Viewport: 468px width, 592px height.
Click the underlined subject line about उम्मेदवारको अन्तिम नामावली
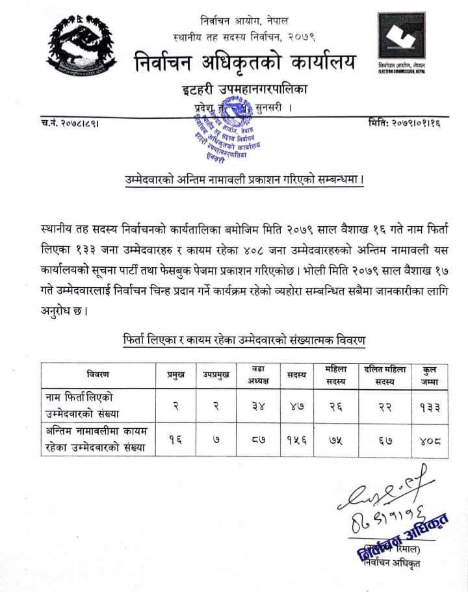click(244, 179)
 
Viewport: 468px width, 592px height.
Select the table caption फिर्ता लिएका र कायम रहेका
click(244, 340)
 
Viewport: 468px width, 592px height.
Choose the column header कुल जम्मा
click(428, 374)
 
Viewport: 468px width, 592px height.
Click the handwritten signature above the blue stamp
click(383, 491)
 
